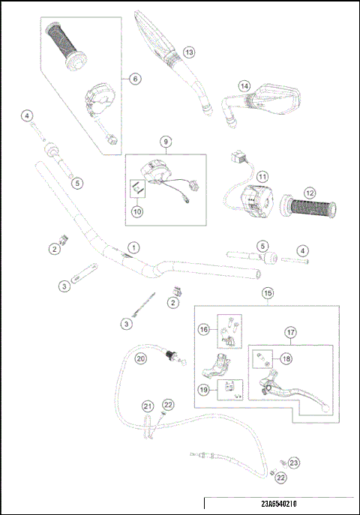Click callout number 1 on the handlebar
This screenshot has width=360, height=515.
[x=133, y=247]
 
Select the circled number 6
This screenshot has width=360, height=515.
[x=134, y=78]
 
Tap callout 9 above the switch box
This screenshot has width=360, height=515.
[x=166, y=141]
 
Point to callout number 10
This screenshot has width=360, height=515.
[x=137, y=212]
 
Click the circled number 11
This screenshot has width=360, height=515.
[x=262, y=176]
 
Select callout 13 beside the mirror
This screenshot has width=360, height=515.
[x=189, y=52]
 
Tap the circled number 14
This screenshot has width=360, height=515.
[x=244, y=85]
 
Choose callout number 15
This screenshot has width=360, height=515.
[x=268, y=293]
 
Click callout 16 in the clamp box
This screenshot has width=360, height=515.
[x=203, y=329]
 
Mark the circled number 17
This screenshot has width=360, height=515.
[x=291, y=332]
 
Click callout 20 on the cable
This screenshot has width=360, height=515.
[x=140, y=359]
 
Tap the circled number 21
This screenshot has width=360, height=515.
[x=148, y=406]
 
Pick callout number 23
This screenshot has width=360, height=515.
[x=294, y=463]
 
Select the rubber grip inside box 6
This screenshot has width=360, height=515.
[x=67, y=45]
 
